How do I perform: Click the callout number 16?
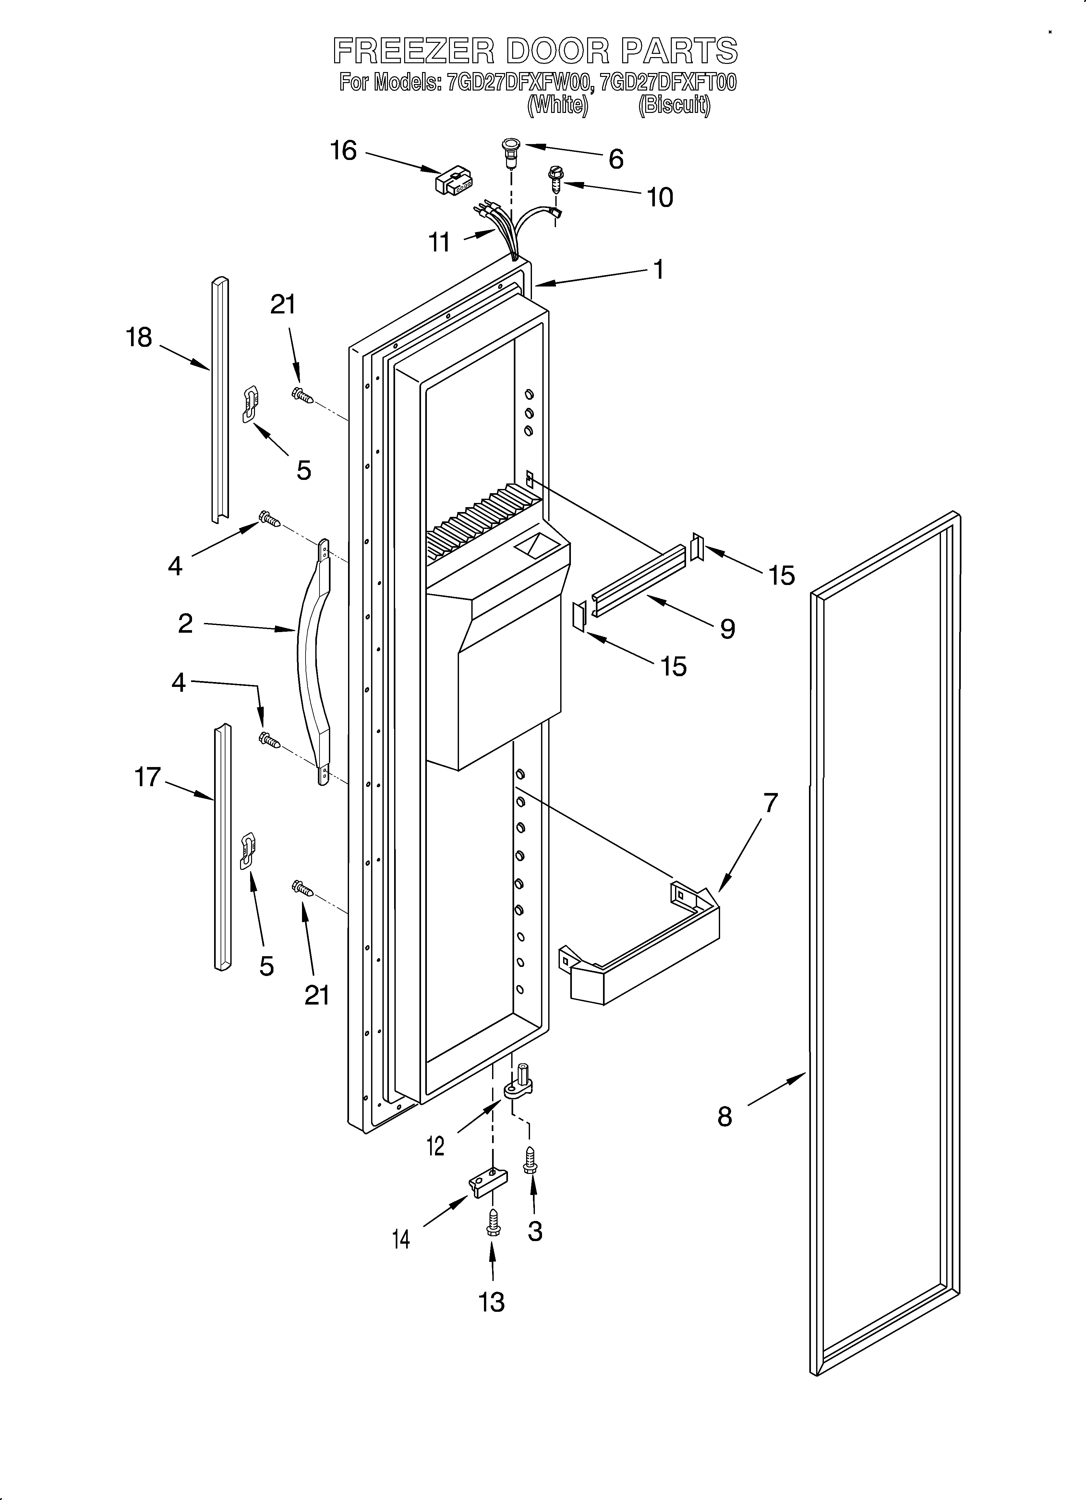click(x=343, y=151)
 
